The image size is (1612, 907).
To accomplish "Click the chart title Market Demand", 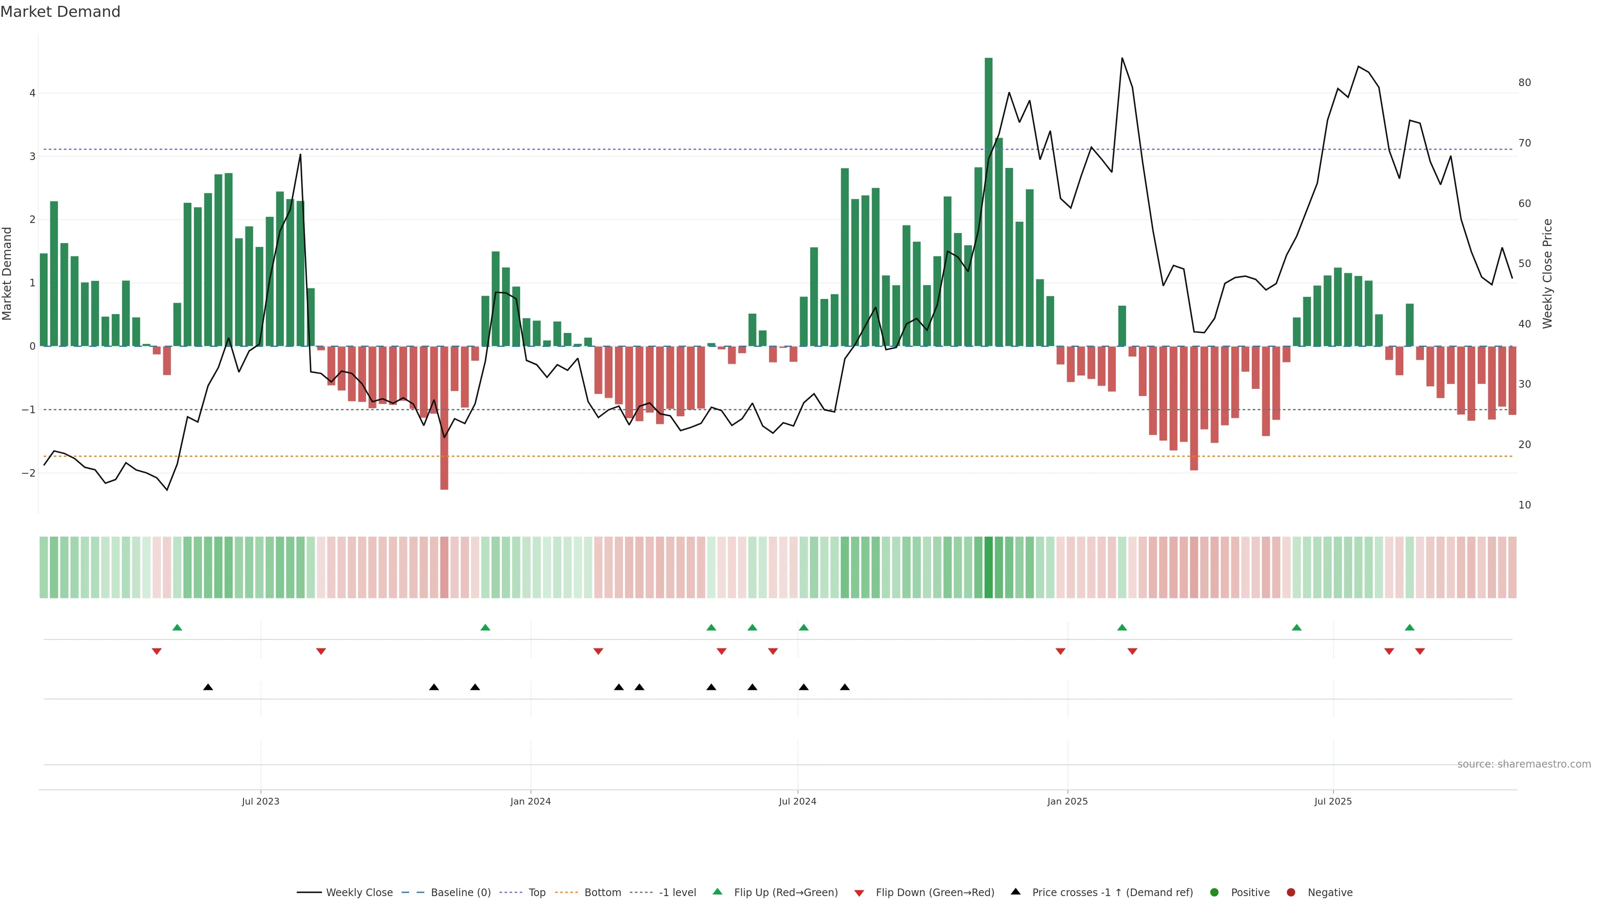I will [60, 12].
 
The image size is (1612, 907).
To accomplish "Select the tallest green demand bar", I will [988, 200].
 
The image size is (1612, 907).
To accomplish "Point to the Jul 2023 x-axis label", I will [260, 801].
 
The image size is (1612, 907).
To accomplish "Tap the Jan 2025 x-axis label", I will [1067, 801].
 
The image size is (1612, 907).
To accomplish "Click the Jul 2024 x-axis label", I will [797, 801].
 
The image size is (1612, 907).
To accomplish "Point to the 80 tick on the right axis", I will [1524, 83].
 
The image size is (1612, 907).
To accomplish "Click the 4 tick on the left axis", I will [32, 93].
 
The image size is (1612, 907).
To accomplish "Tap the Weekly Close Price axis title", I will [1547, 273].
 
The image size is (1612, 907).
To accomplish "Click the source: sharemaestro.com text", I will [1524, 764].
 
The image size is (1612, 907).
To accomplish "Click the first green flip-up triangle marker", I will [177, 627].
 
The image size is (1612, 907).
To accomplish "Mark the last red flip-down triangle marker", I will [1420, 652].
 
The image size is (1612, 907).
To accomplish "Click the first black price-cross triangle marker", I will [208, 687].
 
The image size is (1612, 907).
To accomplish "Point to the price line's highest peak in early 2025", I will [1122, 58].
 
